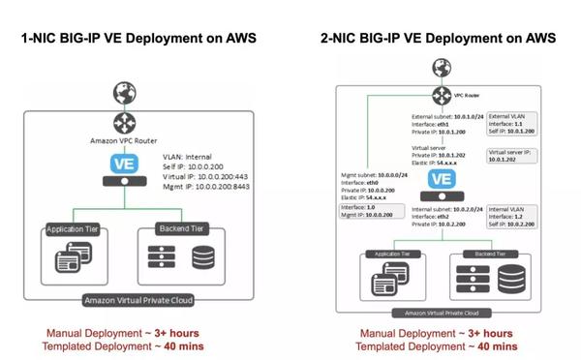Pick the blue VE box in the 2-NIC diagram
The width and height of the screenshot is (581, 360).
(440, 178)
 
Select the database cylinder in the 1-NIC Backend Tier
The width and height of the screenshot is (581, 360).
(204, 258)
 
